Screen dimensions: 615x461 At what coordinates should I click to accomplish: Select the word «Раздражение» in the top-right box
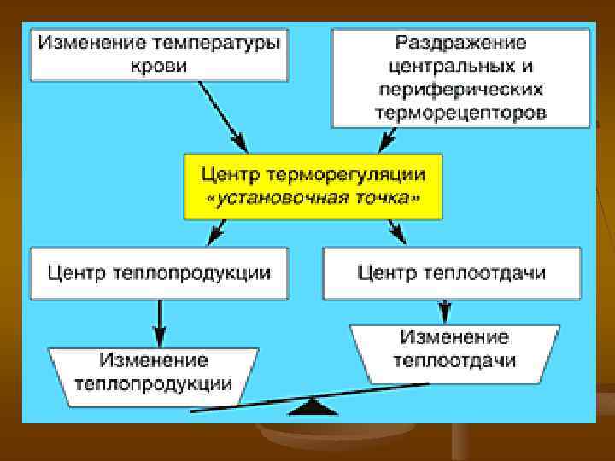[x=461, y=42]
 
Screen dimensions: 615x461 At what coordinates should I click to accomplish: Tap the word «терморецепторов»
[x=461, y=113]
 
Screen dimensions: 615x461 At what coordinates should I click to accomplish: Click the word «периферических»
[x=461, y=89]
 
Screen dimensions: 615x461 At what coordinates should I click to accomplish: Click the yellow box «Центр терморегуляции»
[x=313, y=186]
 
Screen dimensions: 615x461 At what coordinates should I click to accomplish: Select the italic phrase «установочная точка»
[x=314, y=200]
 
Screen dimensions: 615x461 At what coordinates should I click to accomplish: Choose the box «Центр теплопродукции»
[x=158, y=272]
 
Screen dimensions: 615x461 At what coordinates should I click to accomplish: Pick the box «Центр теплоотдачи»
[x=452, y=272]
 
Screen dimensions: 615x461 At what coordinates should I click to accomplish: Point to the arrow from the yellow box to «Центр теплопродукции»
[x=217, y=230]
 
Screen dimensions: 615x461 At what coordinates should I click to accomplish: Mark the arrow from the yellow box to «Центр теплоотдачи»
[x=396, y=230]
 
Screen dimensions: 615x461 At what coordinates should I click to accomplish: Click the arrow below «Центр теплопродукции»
[x=159, y=320]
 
